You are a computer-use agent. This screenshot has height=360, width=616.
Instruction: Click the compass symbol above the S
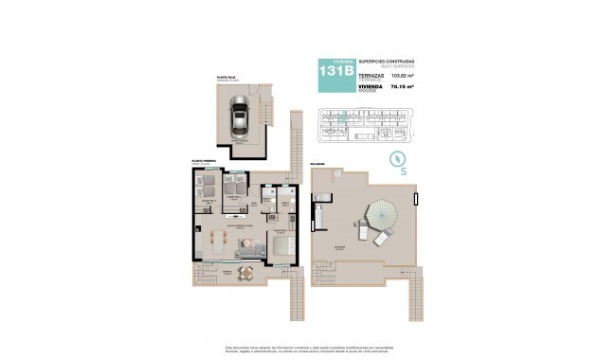click(399, 158)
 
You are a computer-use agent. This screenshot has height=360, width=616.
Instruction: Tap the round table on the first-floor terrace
click(245, 273)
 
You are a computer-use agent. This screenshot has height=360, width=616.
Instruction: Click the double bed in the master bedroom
click(283, 246)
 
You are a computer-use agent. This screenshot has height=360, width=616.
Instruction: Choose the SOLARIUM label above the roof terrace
click(316, 164)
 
